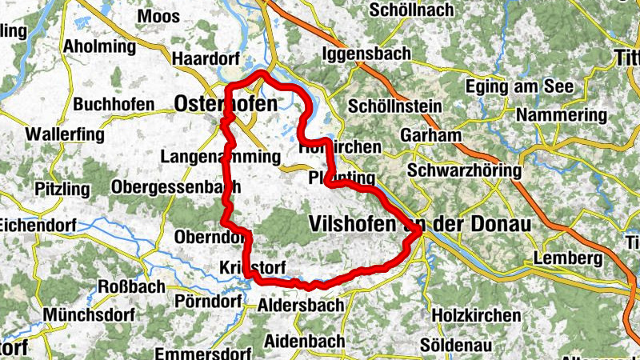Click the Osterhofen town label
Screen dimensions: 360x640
(x=226, y=104)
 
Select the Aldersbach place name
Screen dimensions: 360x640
(x=302, y=306)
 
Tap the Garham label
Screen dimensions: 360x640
(x=431, y=135)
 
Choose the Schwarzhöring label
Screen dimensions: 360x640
(x=464, y=171)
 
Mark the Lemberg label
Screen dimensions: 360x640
(x=566, y=258)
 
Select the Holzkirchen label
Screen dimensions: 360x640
(x=475, y=315)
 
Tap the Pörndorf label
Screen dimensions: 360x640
(x=206, y=302)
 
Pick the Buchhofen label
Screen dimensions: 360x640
(x=111, y=104)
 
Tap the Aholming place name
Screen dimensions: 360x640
(x=100, y=45)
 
